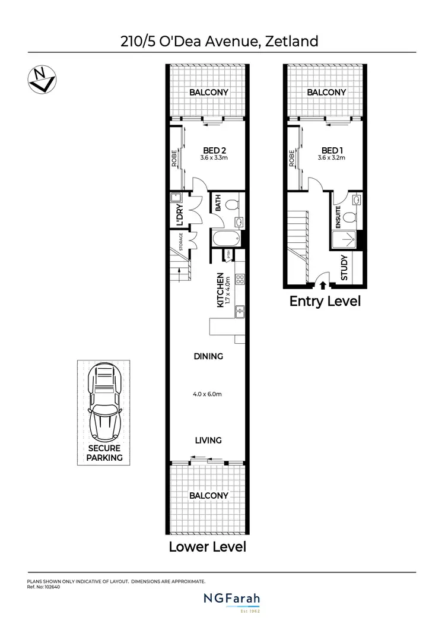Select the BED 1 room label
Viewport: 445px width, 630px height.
(x=332, y=150)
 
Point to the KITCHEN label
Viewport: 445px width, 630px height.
(x=220, y=290)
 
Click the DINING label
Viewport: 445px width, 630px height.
(x=208, y=356)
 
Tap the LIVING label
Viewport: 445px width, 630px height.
(x=208, y=440)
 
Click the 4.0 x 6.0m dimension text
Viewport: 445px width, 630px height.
(x=208, y=394)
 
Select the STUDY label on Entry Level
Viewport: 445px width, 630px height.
(x=345, y=268)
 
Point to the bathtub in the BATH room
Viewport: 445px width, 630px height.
(x=226, y=239)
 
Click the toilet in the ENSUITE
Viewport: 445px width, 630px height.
(x=355, y=201)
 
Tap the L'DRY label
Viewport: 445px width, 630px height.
(x=179, y=215)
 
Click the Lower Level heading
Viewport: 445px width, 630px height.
(x=207, y=546)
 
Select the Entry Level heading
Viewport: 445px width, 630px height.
(x=325, y=301)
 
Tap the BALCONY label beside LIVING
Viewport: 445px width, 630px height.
(x=208, y=495)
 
